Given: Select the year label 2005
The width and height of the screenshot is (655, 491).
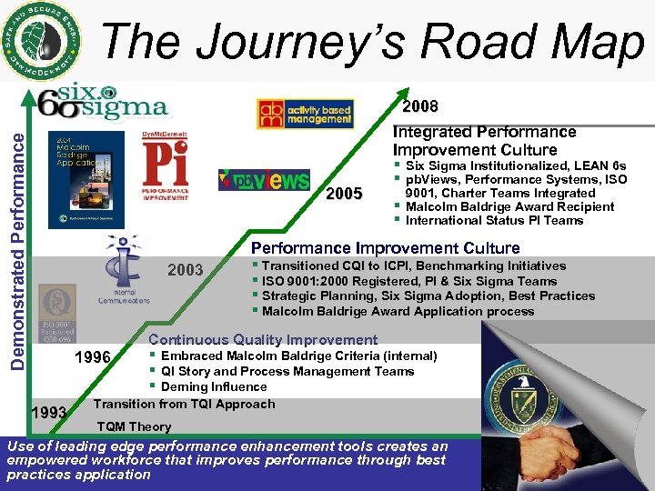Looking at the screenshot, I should (x=344, y=194).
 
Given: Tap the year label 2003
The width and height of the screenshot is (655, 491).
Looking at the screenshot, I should (x=186, y=270).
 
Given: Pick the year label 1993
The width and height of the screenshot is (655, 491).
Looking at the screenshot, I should (x=47, y=413).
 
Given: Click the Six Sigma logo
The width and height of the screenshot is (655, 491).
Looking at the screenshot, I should (x=113, y=102).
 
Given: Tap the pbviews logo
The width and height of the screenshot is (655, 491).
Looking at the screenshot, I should (x=264, y=179).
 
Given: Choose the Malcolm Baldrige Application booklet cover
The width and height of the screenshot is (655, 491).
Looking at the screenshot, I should (x=86, y=179).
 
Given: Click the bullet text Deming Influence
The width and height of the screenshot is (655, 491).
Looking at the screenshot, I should (x=216, y=386).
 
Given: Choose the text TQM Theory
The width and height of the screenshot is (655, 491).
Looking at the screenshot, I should (x=134, y=426).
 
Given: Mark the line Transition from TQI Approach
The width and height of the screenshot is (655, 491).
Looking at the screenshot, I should (x=184, y=404).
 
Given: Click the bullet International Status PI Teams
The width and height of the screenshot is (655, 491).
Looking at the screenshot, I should (x=494, y=220).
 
